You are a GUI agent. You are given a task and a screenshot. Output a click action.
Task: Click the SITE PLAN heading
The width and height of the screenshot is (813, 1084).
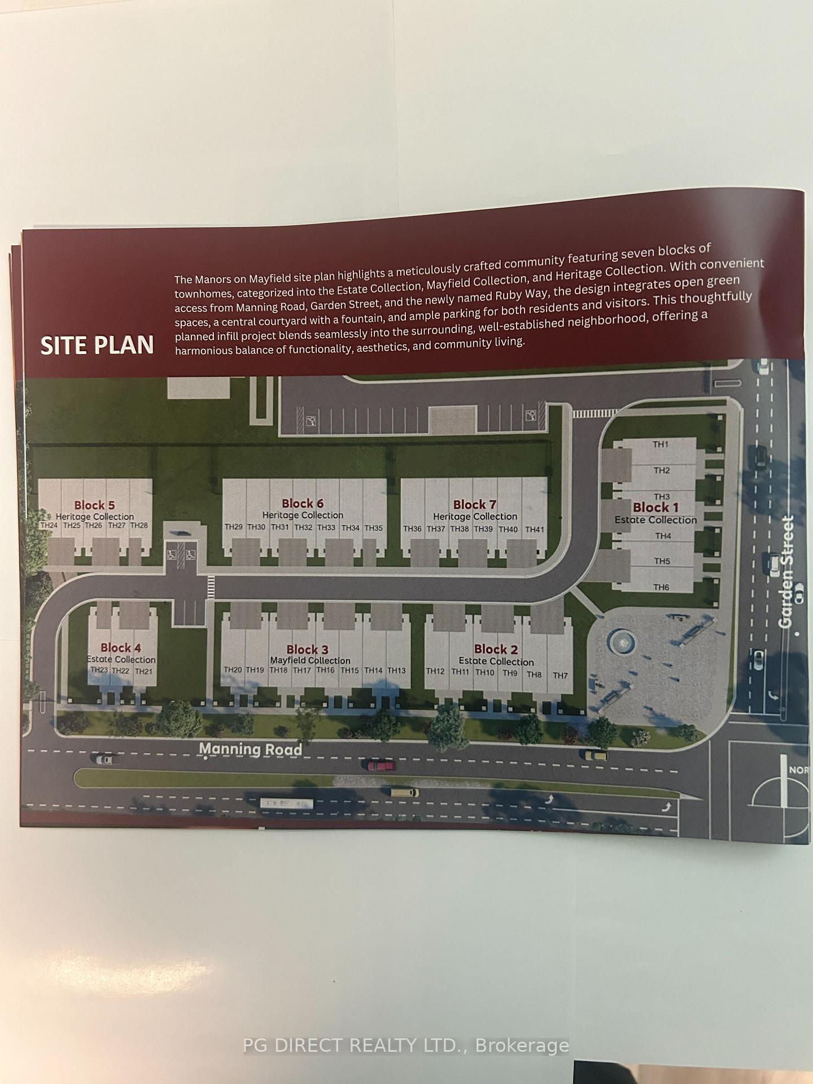(x=97, y=345)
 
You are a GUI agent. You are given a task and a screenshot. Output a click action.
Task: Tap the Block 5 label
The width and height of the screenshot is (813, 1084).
(x=94, y=505)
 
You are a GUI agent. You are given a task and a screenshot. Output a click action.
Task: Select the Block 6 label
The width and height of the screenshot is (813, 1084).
(x=303, y=503)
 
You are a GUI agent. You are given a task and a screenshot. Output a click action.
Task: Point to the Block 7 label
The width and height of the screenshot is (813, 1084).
(x=475, y=504)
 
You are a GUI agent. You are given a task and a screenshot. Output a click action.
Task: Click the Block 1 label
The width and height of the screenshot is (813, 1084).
(x=655, y=507)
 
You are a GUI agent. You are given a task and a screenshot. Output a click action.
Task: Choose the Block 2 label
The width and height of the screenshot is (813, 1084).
(x=496, y=649)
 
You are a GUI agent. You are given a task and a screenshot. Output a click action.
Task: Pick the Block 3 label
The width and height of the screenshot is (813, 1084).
(x=307, y=649)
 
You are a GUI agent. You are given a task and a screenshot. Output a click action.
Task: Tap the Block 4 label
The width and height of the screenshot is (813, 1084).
(x=120, y=648)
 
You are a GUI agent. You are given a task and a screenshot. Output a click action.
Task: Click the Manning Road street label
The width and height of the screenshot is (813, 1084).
(x=251, y=749)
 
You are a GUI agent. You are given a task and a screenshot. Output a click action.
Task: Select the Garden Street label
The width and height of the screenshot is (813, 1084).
(x=785, y=571)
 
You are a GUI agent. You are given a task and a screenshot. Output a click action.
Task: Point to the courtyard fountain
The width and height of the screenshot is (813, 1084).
(x=622, y=642)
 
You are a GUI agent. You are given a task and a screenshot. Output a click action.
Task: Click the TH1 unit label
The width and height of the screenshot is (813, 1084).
(x=661, y=444)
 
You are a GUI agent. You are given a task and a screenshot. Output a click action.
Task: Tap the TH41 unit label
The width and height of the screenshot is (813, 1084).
(x=535, y=530)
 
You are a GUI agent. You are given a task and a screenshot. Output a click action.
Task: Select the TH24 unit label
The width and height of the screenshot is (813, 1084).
(x=49, y=525)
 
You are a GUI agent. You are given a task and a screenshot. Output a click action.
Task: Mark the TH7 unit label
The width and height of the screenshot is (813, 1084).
(x=560, y=676)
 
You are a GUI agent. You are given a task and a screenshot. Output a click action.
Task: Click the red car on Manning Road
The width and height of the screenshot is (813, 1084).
(x=382, y=766)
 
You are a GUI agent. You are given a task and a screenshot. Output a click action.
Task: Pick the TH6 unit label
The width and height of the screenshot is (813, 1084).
(x=661, y=587)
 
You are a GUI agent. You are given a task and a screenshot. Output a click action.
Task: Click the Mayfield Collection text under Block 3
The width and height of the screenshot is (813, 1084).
(x=310, y=661)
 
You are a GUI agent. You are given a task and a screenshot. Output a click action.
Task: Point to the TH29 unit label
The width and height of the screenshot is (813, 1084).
(x=234, y=527)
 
